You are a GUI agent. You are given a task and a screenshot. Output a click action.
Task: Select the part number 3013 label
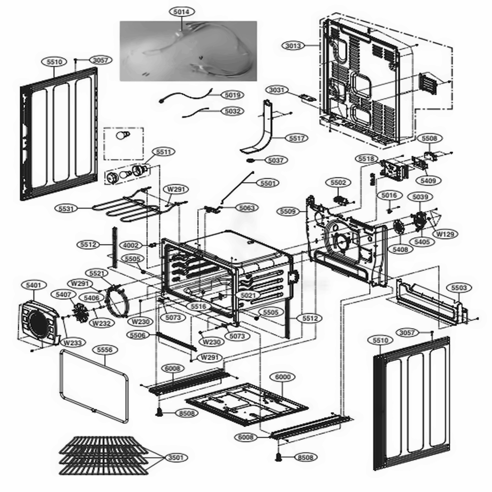pos(293,46)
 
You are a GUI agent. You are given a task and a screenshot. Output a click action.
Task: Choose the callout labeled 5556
pos(104,349)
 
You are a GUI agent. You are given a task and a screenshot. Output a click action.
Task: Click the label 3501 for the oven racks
pos(175,458)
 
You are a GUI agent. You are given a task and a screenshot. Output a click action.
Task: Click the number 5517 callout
pos(297,139)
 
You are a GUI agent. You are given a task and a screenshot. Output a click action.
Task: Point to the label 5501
pos(269,183)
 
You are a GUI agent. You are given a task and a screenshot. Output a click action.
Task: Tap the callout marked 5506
pos(137,335)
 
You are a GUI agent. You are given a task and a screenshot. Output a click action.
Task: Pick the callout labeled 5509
pos(288,212)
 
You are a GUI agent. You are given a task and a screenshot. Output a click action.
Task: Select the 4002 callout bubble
pos(131,245)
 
